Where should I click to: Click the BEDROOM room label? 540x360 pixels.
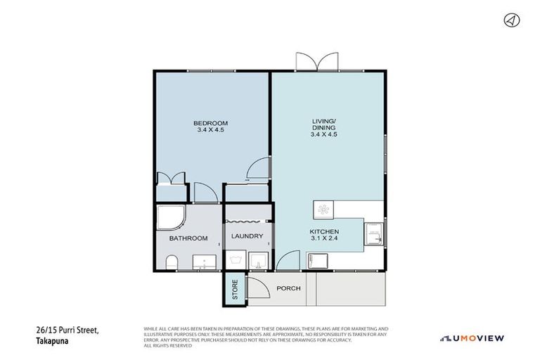click(211, 124)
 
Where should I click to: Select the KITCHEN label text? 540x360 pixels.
click(325, 231)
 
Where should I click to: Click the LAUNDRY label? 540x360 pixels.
click(247, 236)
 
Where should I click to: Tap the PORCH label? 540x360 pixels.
click(288, 288)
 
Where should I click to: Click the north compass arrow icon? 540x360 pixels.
click(511, 20)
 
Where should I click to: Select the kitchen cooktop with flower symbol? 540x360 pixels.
click(323, 211)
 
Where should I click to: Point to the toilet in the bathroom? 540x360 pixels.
click(172, 263)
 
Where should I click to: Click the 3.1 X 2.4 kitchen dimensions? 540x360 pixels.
click(325, 240)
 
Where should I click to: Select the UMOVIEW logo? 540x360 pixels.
click(472, 337)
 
